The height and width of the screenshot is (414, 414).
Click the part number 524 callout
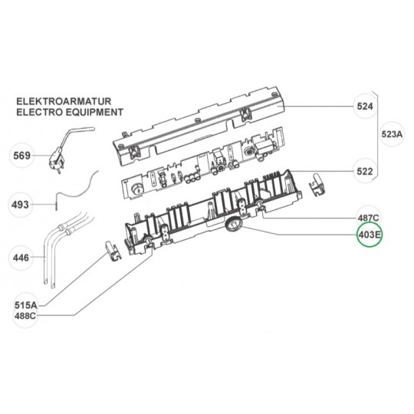(365, 107)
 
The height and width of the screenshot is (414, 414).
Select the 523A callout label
(392, 134)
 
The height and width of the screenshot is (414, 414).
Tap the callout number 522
(365, 172)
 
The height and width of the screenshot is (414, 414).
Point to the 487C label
(368, 218)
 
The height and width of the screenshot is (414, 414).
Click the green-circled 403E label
(369, 235)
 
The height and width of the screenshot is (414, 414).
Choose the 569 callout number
(22, 156)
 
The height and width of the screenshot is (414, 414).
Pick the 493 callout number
(20, 205)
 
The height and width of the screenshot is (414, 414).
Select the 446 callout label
(21, 258)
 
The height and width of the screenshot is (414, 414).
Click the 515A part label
(26, 305)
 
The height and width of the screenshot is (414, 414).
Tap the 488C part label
(25, 316)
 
